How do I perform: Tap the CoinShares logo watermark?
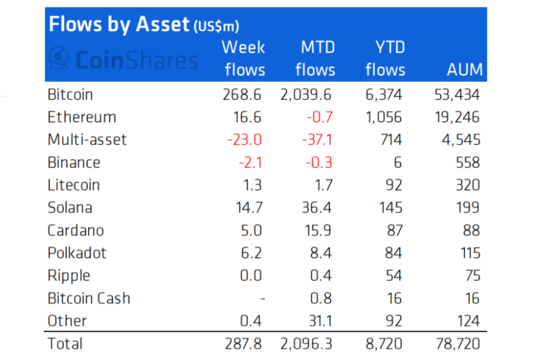coord(124,60)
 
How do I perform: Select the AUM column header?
coord(465,70)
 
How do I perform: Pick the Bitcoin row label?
coord(70,95)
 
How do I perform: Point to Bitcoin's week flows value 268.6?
coord(241,95)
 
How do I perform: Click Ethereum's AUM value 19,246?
coord(457,117)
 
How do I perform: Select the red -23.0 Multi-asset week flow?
coord(244,140)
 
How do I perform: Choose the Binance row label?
coord(74,162)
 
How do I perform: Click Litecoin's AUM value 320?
coord(467,185)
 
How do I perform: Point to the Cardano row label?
coord(76,230)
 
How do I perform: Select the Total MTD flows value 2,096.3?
coord(307,343)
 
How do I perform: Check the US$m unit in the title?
coord(216,27)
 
